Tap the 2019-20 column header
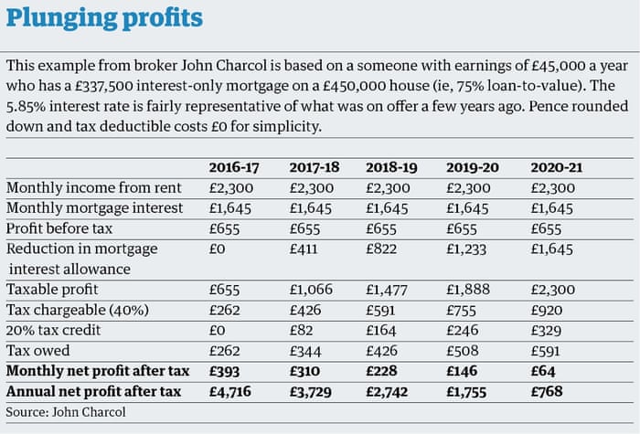pyautogui.click(x=472, y=167)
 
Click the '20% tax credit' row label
pyautogui.click(x=54, y=330)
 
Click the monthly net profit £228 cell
pyautogui.click(x=382, y=371)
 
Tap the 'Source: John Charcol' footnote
pyautogui.click(x=65, y=412)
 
